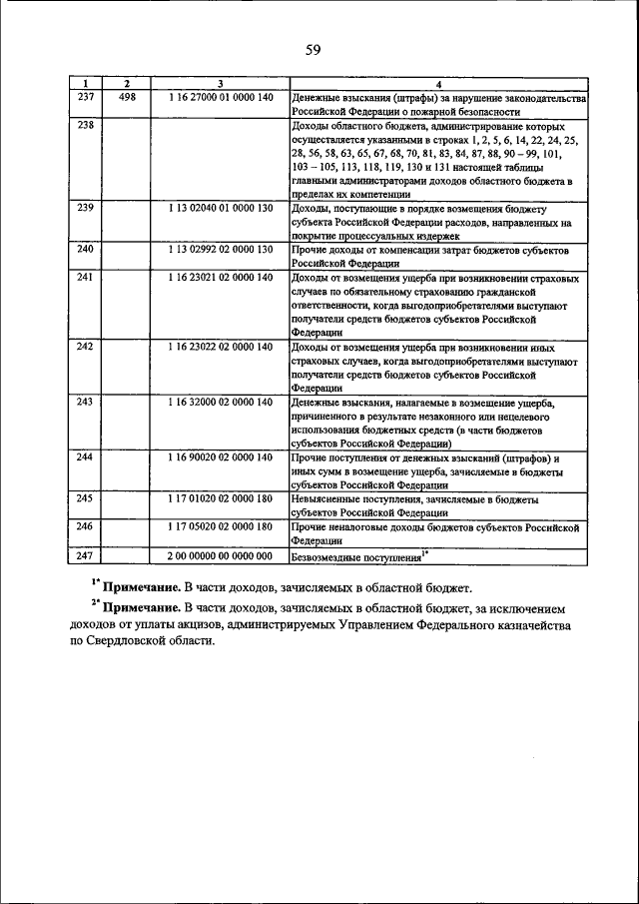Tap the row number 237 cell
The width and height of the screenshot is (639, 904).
[85, 98]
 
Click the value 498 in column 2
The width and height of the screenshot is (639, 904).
[127, 98]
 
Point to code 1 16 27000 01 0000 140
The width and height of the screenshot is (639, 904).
[220, 98]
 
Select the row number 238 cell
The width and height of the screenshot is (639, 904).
[85, 126]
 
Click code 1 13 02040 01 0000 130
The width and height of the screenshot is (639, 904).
[220, 207]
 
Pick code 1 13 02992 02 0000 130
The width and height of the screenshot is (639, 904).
[220, 248]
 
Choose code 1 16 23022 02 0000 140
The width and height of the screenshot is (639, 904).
[220, 347]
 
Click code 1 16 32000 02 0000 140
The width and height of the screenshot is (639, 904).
[220, 402]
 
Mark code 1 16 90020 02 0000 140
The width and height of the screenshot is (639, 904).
[220, 456]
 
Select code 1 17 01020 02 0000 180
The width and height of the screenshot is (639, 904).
[220, 497]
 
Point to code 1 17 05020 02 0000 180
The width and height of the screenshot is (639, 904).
[220, 525]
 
